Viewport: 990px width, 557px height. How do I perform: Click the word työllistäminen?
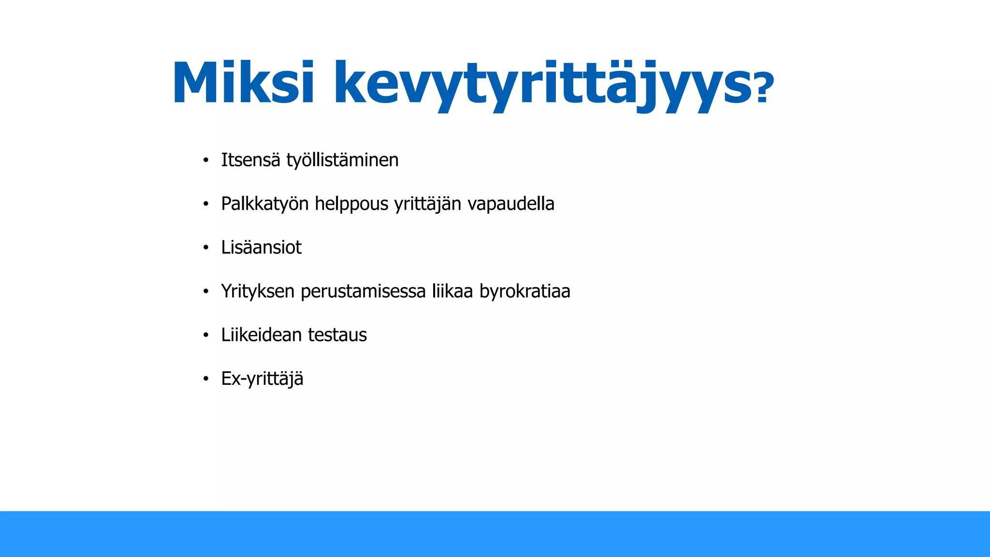342,161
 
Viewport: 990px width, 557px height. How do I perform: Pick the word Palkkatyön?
264,204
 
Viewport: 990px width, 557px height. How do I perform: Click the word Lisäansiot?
261,248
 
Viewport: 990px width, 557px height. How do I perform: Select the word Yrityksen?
258,292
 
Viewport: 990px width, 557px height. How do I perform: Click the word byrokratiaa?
525,292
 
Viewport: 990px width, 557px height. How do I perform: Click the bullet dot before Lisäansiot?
206,248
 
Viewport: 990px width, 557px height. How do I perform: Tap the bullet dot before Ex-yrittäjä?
206,379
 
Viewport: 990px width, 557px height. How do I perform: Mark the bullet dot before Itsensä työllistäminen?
206,161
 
